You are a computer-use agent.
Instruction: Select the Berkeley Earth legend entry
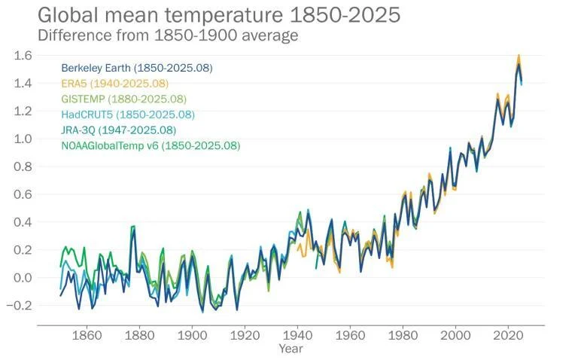coord(137,68)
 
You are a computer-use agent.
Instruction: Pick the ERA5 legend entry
coord(114,83)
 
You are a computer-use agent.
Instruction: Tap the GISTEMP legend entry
coord(123,99)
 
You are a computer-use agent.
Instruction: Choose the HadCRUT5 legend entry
coord(128,114)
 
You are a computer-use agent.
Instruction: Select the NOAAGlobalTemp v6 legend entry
coord(151,145)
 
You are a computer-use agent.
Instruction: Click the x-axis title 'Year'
coord(291,349)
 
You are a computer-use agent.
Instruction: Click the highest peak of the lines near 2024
coord(519,56)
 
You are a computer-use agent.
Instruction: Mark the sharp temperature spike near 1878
coord(133,227)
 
